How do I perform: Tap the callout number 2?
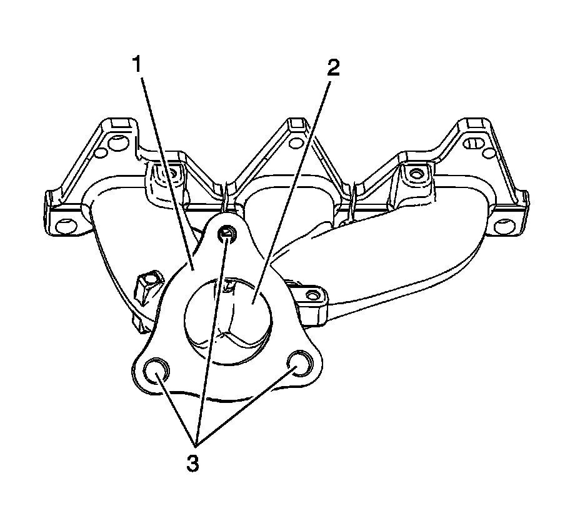[x=334, y=67]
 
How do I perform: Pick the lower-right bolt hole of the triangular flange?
[x=300, y=364]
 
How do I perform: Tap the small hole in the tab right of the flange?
[x=311, y=293]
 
